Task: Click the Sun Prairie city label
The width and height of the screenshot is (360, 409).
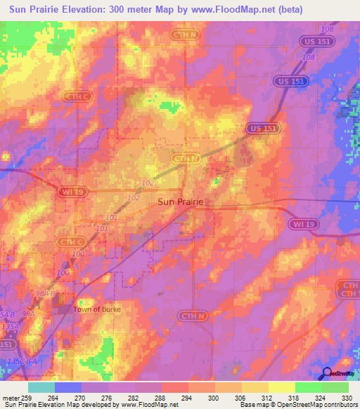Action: pos(181,202)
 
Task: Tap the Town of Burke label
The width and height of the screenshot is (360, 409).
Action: pos(97,309)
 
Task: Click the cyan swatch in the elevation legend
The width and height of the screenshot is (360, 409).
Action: pos(41,387)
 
